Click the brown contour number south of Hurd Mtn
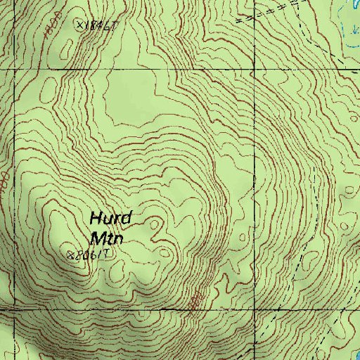coord(195,301)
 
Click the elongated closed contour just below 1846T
coord(49,89)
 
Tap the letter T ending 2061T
coord(107,254)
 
